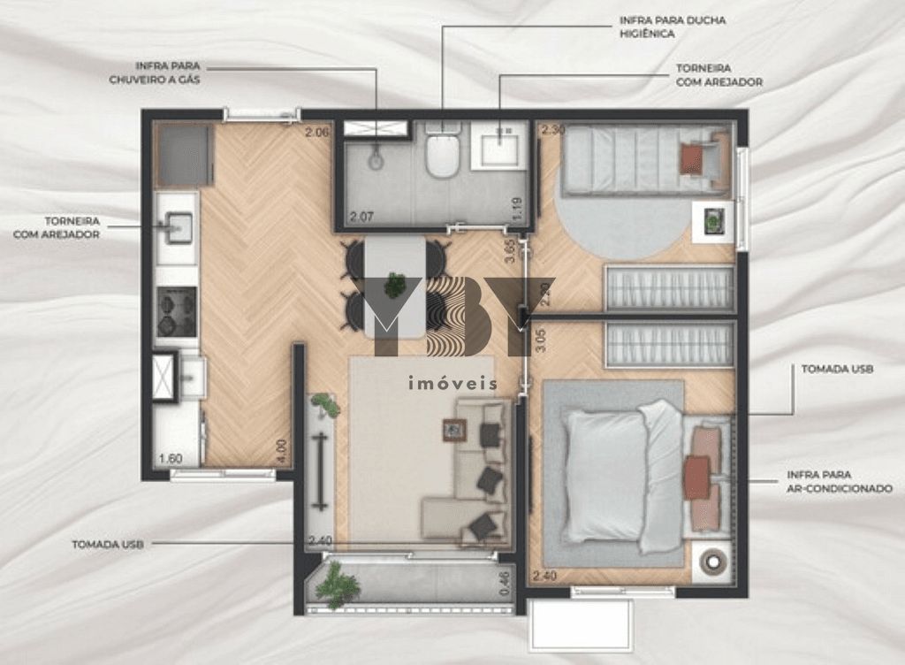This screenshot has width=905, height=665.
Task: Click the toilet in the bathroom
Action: [442, 150]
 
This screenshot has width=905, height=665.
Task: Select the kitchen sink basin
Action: [179, 228]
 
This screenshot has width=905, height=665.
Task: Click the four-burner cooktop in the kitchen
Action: [177, 311]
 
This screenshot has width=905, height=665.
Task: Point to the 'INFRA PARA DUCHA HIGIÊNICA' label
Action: [673, 27]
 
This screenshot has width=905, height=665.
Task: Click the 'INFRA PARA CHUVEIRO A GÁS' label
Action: [155, 73]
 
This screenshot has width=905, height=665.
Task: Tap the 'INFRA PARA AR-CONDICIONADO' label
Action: [840, 481]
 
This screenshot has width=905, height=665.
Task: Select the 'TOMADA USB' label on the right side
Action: [837, 369]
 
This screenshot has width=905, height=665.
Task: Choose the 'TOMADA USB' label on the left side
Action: [108, 544]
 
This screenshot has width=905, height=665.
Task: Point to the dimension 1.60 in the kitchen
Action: [171, 458]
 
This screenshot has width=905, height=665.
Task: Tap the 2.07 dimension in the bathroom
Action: [361, 217]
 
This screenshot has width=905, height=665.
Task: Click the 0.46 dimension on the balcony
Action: [505, 584]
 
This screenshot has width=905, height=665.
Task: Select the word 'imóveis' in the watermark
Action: [452, 383]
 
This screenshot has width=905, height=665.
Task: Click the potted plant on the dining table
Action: [395, 285]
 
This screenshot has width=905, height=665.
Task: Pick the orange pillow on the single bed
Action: [691, 158]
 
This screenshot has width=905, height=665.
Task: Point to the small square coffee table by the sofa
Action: [454, 430]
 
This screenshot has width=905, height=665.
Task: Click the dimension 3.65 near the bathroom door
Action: [509, 252]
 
